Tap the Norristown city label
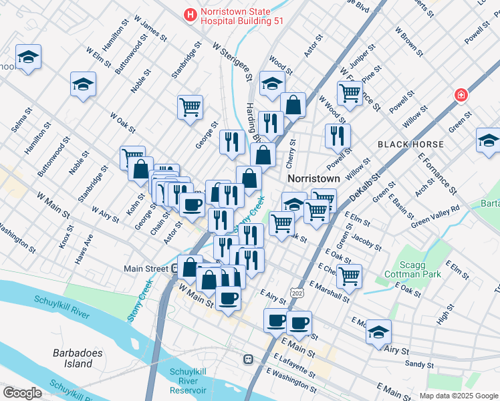(x=314, y=179)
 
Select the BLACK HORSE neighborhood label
(x=410, y=144)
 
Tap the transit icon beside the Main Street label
(x=175, y=269)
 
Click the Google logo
(x=22, y=393)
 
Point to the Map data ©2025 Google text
(x=458, y=396)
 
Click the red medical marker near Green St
(x=461, y=96)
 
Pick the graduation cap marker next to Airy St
(x=379, y=331)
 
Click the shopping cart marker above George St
(x=191, y=106)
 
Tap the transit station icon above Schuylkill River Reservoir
(x=247, y=360)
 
